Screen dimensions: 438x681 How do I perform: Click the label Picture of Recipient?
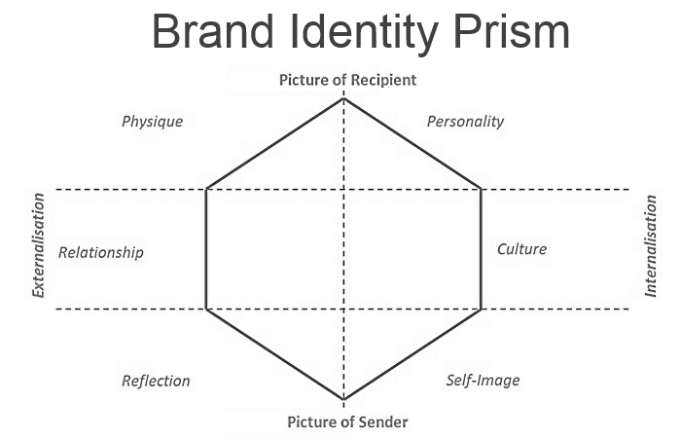click(347, 80)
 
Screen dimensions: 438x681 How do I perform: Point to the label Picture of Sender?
click(347, 421)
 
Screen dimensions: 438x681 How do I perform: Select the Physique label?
click(152, 122)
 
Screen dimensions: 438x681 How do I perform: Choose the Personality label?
click(466, 122)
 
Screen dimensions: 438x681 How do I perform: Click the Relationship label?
click(101, 252)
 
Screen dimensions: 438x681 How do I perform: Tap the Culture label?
click(521, 248)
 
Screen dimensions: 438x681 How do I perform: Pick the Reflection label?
click(156, 381)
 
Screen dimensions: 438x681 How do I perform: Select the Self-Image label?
click(483, 380)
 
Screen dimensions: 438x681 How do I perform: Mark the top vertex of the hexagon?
click(343, 98)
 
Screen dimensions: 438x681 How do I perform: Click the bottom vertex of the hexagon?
click(343, 399)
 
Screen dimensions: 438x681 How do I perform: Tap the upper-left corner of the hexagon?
click(206, 189)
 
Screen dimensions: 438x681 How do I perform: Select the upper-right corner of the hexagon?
click(482, 189)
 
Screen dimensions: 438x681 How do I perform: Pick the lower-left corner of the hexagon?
click(206, 310)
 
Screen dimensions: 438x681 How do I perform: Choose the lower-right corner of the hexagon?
click(482, 310)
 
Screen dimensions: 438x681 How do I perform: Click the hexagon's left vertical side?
click(206, 249)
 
